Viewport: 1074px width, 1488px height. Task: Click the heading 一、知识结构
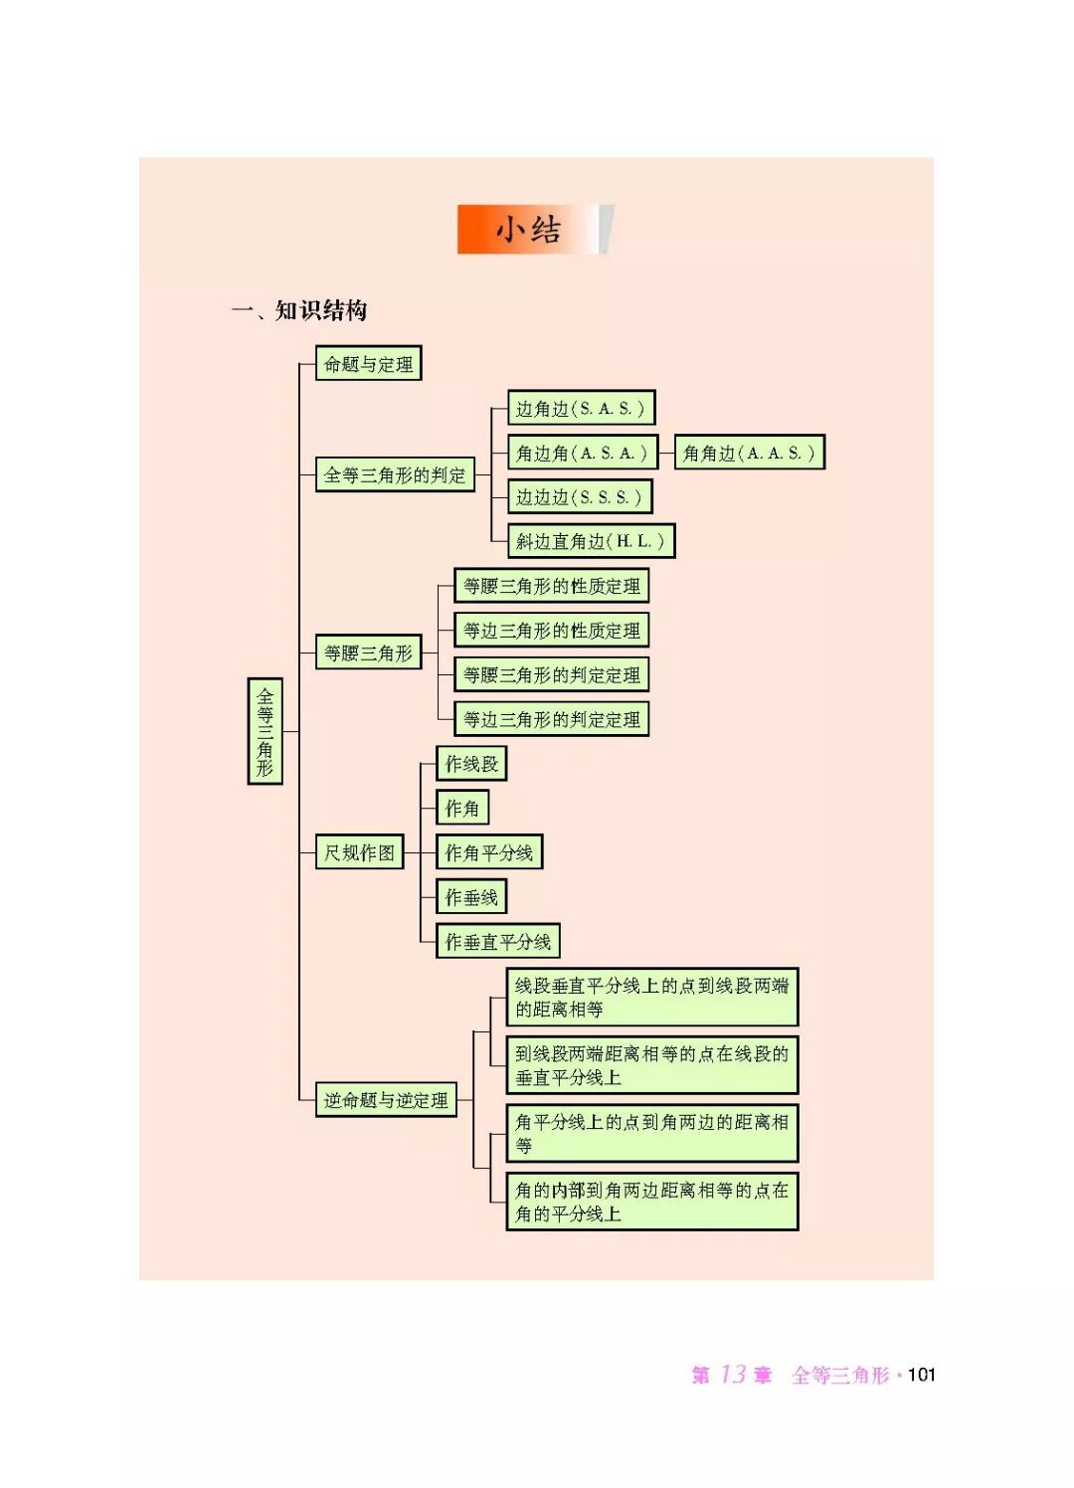[299, 310]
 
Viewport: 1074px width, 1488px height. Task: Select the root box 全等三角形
[265, 731]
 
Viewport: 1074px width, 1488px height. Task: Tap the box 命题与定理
[368, 364]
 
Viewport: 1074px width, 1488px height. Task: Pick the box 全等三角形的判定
[395, 475]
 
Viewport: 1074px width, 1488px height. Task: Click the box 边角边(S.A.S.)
[581, 409]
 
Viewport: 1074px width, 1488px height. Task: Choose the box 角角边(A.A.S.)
[749, 454]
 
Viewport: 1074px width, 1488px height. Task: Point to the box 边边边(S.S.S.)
[580, 497]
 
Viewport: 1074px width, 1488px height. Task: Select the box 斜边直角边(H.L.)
[591, 541]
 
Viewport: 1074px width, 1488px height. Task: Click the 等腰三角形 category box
[368, 653]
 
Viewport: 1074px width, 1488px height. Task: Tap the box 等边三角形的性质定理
[551, 631]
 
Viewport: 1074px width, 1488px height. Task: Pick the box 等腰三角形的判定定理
[551, 675]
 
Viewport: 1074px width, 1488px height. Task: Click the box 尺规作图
[359, 852]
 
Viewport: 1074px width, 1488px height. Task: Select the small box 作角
[461, 809]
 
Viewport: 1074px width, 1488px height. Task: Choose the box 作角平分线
[488, 852]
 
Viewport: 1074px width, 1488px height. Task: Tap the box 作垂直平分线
[497, 941]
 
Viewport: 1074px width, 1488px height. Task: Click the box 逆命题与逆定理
[386, 1100]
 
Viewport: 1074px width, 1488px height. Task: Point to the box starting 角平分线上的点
[651, 1133]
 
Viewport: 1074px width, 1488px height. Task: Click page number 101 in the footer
[922, 1375]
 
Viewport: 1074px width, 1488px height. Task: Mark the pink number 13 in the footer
[733, 1375]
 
